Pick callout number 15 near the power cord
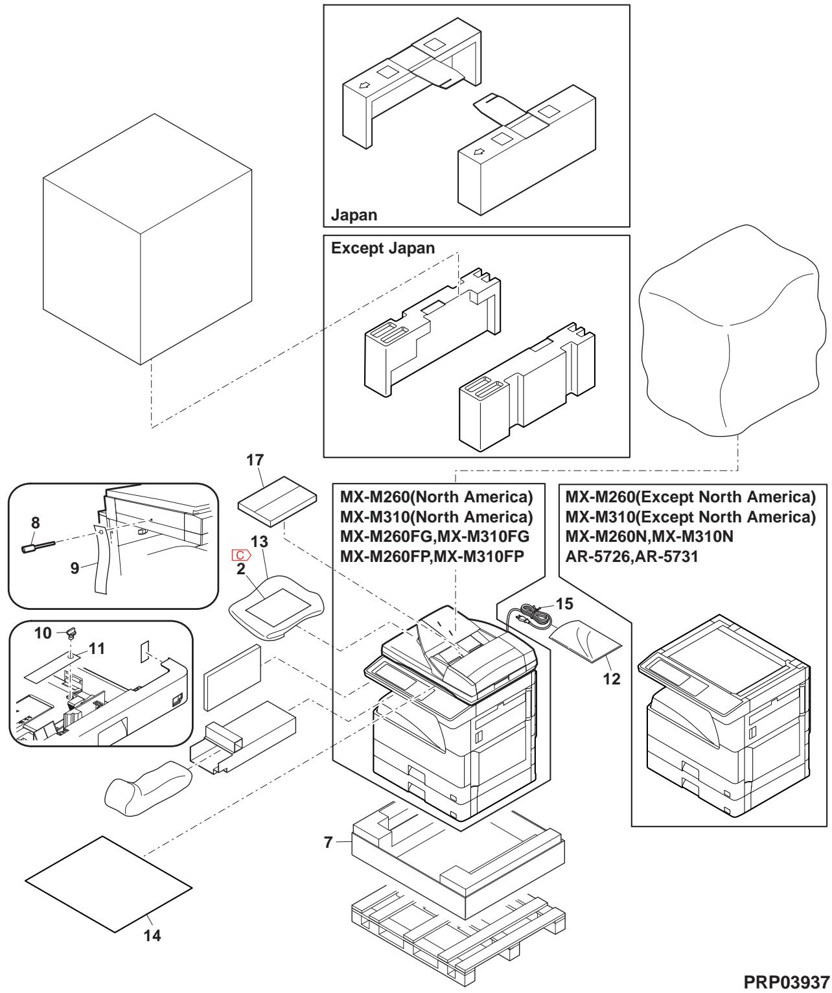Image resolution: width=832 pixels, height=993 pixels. point(564,603)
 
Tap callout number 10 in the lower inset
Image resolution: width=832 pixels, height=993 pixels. point(43,633)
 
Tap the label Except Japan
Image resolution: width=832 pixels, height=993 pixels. point(383,249)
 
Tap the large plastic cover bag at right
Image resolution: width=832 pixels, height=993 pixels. point(732,331)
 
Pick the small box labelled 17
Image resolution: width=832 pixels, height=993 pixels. point(277,496)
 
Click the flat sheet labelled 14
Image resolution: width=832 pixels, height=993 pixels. point(108,885)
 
